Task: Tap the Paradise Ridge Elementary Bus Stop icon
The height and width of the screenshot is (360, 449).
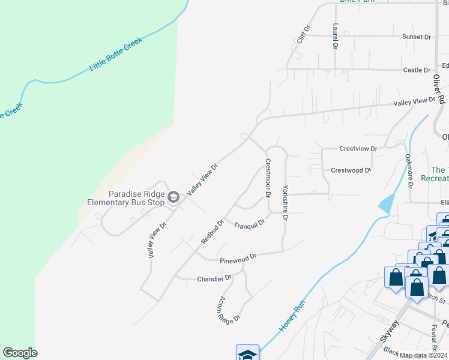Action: (174, 197)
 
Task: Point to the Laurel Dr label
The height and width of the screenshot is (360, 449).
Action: (335, 36)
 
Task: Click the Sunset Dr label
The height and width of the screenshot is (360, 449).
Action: (417, 37)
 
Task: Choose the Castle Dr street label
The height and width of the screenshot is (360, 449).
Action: (417, 70)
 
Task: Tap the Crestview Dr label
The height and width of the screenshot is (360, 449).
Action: (358, 148)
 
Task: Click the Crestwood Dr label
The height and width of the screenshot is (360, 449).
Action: (351, 170)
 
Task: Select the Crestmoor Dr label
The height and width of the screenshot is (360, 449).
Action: (268, 178)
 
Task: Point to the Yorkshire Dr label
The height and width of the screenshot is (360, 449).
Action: (285, 203)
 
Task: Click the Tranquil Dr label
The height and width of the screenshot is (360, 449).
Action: (249, 225)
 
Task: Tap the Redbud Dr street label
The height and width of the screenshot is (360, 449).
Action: (212, 232)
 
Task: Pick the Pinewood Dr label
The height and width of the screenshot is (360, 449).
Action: (238, 258)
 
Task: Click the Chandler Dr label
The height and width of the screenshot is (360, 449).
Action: (214, 278)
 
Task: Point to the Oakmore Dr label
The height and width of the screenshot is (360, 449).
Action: (409, 172)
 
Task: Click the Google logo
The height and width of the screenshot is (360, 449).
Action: (20, 353)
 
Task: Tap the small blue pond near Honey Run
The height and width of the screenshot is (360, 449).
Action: (386, 203)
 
